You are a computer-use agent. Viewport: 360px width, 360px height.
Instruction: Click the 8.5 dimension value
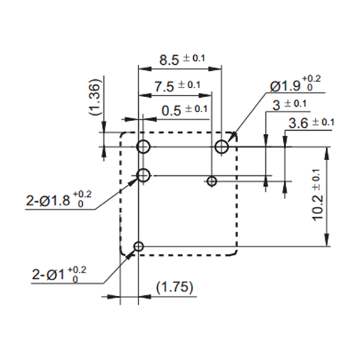click(169, 61)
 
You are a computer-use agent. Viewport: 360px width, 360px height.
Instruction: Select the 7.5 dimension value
click(164, 87)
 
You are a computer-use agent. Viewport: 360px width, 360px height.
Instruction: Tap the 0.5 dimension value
click(171, 111)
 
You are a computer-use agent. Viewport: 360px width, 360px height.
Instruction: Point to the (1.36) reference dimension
click(95, 97)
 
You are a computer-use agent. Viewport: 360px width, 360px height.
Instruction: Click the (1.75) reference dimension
click(175, 287)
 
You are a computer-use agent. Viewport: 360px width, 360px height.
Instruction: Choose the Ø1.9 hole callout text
click(285, 86)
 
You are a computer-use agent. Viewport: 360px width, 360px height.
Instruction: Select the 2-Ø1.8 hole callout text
click(48, 200)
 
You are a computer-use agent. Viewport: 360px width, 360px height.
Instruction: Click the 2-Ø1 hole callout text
click(48, 274)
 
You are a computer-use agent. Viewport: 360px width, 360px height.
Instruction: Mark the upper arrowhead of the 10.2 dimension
click(327, 153)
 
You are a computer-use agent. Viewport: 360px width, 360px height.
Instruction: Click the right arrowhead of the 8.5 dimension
click(215, 68)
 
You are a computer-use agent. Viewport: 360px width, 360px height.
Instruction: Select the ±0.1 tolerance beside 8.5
click(194, 58)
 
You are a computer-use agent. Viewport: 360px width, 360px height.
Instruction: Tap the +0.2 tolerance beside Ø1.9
click(311, 79)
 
